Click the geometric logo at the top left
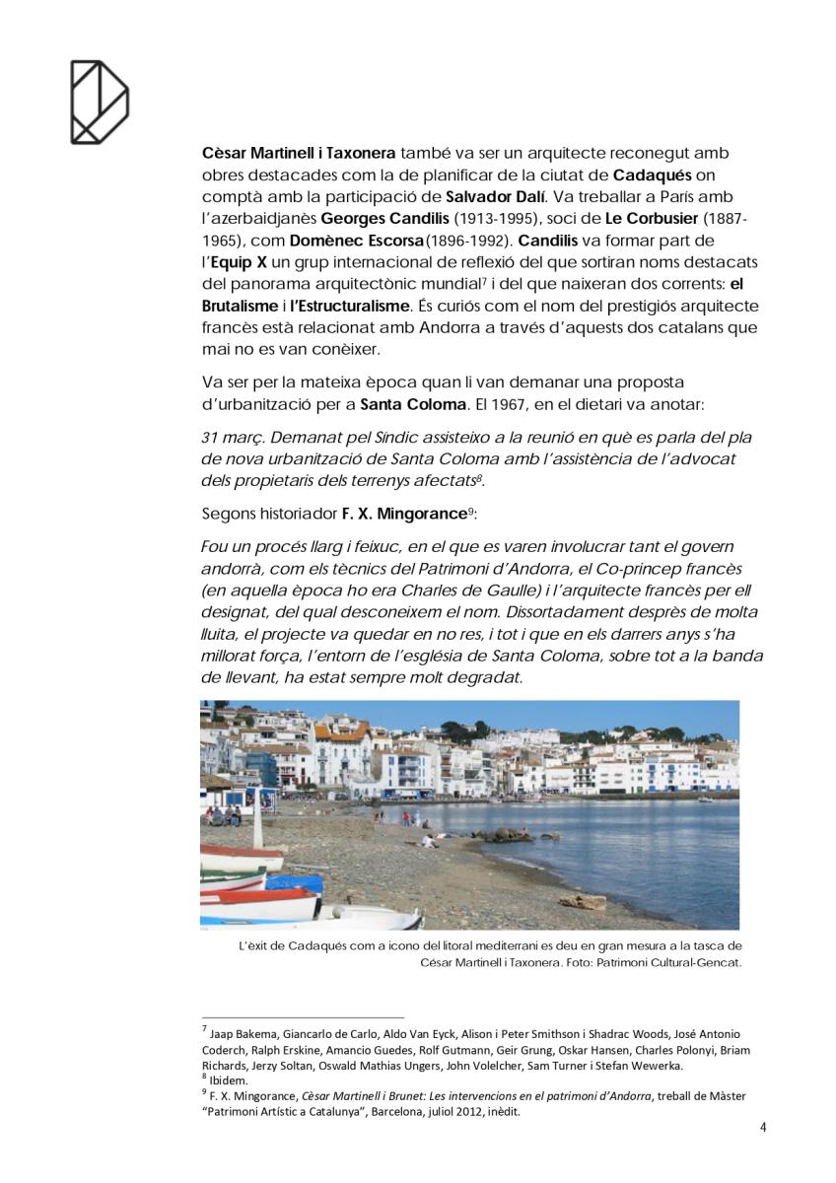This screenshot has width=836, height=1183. [x=100, y=102]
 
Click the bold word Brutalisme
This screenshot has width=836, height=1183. [x=240, y=307]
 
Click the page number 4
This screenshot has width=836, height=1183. [x=762, y=1127]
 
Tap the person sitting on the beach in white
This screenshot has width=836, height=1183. [x=428, y=840]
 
